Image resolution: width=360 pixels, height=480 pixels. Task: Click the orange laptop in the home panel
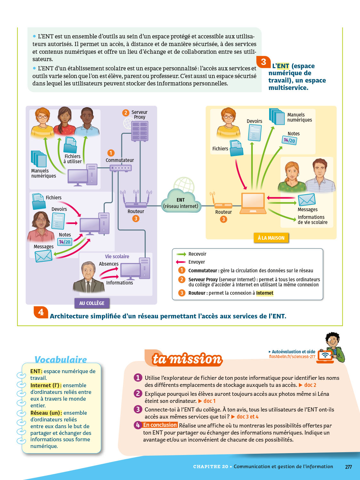click(253, 203)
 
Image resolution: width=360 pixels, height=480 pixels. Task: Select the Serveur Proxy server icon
click(140, 131)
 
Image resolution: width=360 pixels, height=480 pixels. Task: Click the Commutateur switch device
click(121, 168)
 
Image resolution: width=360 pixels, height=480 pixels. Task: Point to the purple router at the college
click(136, 199)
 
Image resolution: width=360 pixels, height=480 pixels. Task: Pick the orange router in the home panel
click(222, 203)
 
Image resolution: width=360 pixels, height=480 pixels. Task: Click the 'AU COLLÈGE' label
click(92, 303)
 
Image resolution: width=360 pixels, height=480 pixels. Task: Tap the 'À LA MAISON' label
click(271, 238)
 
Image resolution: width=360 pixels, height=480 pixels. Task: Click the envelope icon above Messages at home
click(307, 200)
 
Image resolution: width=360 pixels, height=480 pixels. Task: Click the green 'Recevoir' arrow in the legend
click(181, 254)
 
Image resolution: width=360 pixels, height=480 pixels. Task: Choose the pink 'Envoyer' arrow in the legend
click(181, 262)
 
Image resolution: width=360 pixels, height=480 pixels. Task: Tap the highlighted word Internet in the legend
click(265, 293)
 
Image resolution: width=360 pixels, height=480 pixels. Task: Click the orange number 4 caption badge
click(41, 312)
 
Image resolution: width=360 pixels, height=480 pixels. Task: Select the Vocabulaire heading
click(60, 359)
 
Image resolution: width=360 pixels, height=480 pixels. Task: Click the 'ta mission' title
click(187, 359)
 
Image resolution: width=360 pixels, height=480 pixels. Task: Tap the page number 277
click(348, 467)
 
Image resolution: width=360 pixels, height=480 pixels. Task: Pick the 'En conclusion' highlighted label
click(160, 425)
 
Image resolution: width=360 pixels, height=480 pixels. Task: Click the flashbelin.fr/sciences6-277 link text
click(292, 357)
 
